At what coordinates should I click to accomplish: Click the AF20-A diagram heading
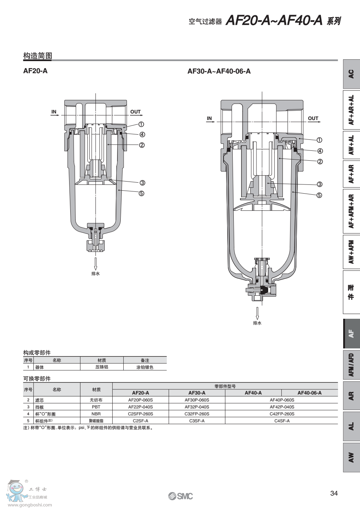point(35,71)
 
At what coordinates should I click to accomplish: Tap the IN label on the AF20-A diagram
point(54,112)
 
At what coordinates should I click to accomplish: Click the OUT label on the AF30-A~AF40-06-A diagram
point(313,119)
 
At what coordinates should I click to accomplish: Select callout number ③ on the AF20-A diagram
point(142,183)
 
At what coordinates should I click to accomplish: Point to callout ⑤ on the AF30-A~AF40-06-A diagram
point(319,195)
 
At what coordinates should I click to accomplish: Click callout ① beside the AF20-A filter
point(141,124)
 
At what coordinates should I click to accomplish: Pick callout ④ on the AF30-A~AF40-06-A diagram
point(320,151)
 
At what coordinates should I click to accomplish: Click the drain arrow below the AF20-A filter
point(96,264)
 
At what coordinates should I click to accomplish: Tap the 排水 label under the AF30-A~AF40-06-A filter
point(257,323)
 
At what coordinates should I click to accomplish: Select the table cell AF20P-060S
point(140,400)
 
